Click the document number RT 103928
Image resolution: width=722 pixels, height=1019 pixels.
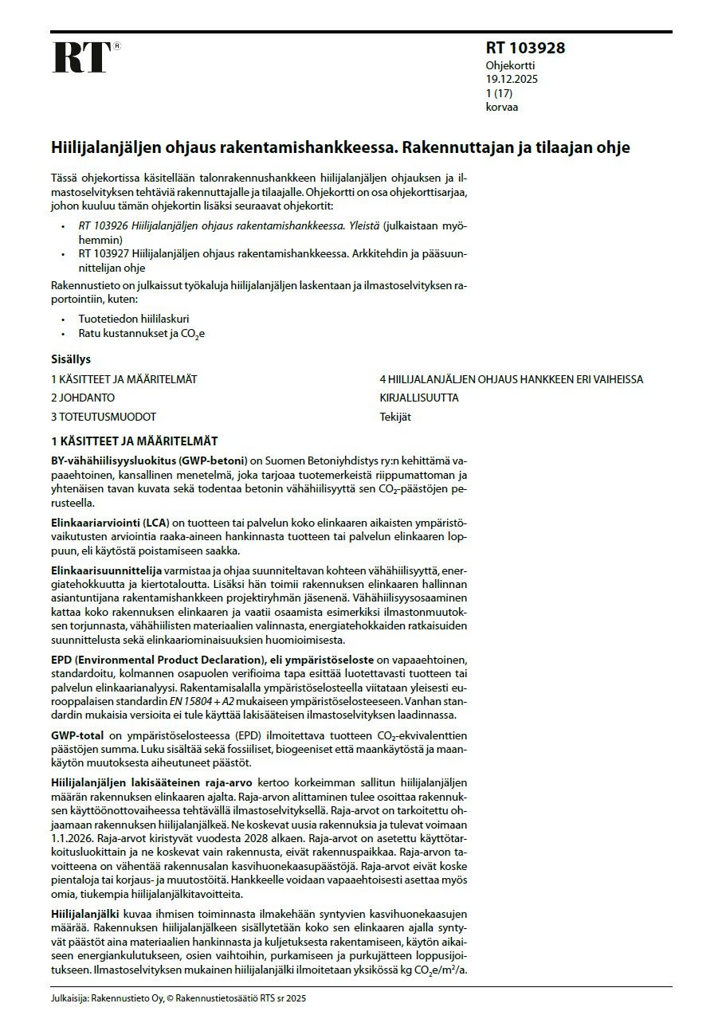525,48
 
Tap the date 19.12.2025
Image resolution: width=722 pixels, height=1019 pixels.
512,79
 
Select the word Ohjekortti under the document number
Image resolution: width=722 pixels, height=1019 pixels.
511,65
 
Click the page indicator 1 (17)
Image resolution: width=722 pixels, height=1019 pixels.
500,93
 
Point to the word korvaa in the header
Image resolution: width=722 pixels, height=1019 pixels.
502,107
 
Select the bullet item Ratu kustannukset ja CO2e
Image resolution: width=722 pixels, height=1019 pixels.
141,334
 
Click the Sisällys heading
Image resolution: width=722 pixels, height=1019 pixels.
71,359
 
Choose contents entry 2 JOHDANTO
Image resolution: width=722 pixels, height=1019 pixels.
83,398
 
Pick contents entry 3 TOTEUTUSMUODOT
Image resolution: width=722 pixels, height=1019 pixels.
104,417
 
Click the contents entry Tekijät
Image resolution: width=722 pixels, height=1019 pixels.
395,417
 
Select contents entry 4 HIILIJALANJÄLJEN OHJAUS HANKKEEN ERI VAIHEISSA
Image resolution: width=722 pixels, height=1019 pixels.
511,379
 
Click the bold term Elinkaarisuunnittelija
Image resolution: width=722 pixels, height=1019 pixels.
106,570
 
